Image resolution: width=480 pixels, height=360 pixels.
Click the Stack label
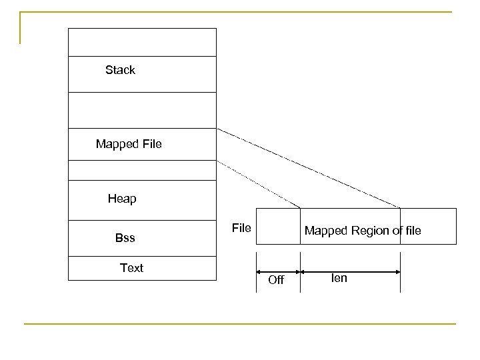pos(120,70)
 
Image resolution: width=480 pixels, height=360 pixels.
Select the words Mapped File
pos(129,143)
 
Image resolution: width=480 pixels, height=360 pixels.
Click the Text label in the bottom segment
pos(131,268)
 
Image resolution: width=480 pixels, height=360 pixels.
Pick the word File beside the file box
pos(241,229)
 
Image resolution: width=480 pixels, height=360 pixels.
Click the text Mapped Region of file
pos(363,231)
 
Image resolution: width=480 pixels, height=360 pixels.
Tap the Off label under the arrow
pos(275,281)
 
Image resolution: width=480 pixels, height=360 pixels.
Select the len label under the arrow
pos(339,278)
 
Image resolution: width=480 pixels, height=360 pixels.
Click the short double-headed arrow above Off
pos(278,271)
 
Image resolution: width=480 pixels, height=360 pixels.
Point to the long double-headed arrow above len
pos(351,271)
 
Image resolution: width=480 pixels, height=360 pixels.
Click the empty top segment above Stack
pos(142,42)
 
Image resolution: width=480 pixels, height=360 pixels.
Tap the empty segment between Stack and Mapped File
pos(142,109)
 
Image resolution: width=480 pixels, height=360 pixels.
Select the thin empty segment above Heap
pos(142,171)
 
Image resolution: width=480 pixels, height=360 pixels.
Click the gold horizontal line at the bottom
pos(240,324)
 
